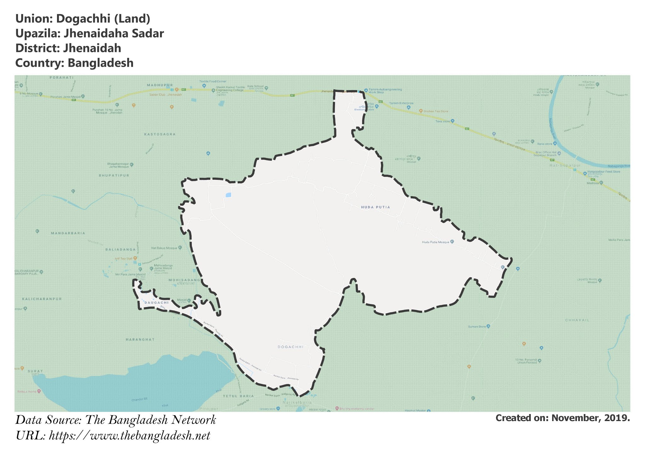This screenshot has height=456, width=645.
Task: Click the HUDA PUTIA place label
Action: pyautogui.click(x=375, y=207)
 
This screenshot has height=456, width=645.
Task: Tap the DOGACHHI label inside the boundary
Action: pyautogui.click(x=290, y=347)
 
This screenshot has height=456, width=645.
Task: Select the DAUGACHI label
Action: pyautogui.click(x=155, y=303)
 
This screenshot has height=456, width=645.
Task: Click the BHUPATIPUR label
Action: pyautogui.click(x=114, y=175)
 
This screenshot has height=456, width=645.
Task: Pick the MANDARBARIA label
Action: pyautogui.click(x=68, y=233)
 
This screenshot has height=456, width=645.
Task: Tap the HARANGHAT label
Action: pyautogui.click(x=140, y=339)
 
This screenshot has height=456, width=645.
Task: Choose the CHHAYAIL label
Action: pyautogui.click(x=577, y=320)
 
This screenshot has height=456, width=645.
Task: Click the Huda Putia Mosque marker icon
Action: pyautogui.click(x=452, y=242)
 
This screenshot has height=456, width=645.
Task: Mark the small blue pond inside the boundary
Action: pyautogui.click(x=228, y=195)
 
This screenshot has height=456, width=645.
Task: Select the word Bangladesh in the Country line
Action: pyautogui.click(x=100, y=63)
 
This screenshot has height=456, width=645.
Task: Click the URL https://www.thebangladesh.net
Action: pyautogui.click(x=129, y=436)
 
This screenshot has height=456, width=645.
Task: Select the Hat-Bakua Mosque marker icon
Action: pyautogui.click(x=180, y=248)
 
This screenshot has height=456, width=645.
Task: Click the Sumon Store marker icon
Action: pyautogui.click(x=488, y=327)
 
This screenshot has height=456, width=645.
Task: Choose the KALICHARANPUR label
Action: pyautogui.click(x=42, y=299)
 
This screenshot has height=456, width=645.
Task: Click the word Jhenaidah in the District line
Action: pyautogui.click(x=92, y=48)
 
